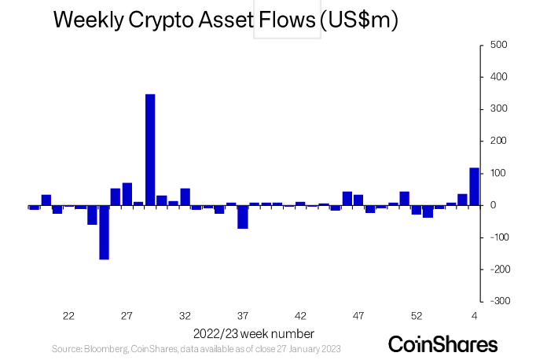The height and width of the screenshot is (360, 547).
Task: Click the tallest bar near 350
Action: tap(150, 149)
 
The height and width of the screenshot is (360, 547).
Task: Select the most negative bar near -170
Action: tap(104, 232)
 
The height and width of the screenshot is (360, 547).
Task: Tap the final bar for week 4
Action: tap(474, 186)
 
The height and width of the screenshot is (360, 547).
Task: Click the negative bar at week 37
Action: tap(243, 217)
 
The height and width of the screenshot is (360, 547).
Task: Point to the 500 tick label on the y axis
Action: tap(499, 45)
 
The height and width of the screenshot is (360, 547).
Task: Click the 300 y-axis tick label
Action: tap(499, 108)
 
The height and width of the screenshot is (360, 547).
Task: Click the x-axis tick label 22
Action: tap(68, 316)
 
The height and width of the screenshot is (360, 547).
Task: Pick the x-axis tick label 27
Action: tap(127, 316)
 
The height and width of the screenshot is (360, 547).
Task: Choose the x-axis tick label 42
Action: tap(300, 316)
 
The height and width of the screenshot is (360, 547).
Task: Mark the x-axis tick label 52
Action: tap(417, 316)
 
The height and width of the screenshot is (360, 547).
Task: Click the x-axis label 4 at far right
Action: tap(475, 316)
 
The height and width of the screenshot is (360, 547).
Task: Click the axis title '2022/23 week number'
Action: tap(253, 333)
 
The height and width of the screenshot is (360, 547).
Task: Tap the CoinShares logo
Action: tap(443, 344)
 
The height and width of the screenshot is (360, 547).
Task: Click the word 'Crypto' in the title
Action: tap(154, 22)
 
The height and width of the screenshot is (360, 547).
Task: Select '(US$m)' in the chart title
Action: tap(359, 21)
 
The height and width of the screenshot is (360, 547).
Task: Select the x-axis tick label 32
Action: tap(185, 316)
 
